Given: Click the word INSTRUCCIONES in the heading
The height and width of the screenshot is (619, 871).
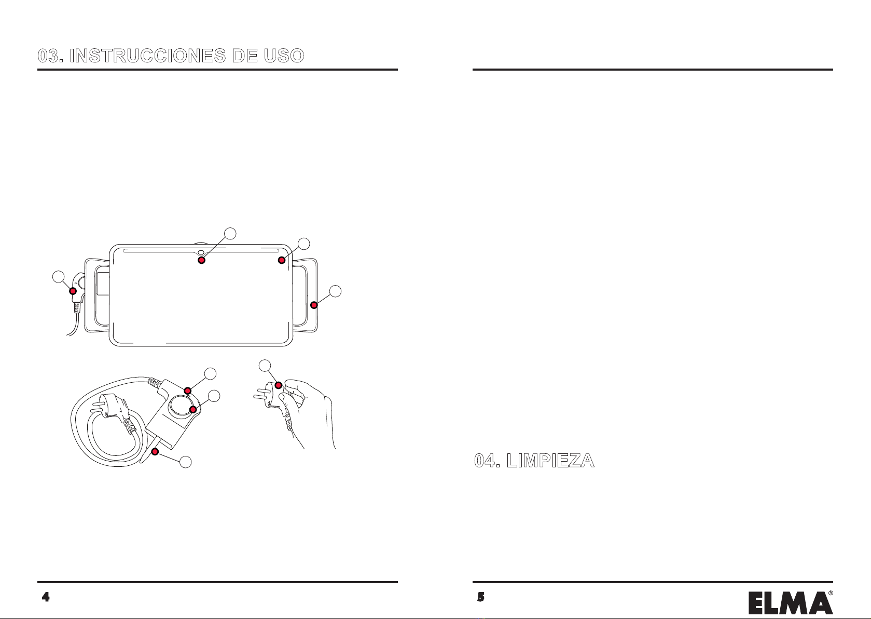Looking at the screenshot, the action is pos(148,56).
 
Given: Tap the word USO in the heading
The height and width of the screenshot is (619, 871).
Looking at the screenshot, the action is pos(284,56).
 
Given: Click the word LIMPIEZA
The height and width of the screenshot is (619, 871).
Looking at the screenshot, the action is pos(550,461).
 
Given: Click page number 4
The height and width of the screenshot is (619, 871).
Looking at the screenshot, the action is pos(46,597).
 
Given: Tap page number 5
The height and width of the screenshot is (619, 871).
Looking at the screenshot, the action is pos(481,597).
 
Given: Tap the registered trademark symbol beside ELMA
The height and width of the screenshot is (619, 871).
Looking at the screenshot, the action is pos(831,593).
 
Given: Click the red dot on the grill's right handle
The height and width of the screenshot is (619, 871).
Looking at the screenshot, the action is pos(314,305).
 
